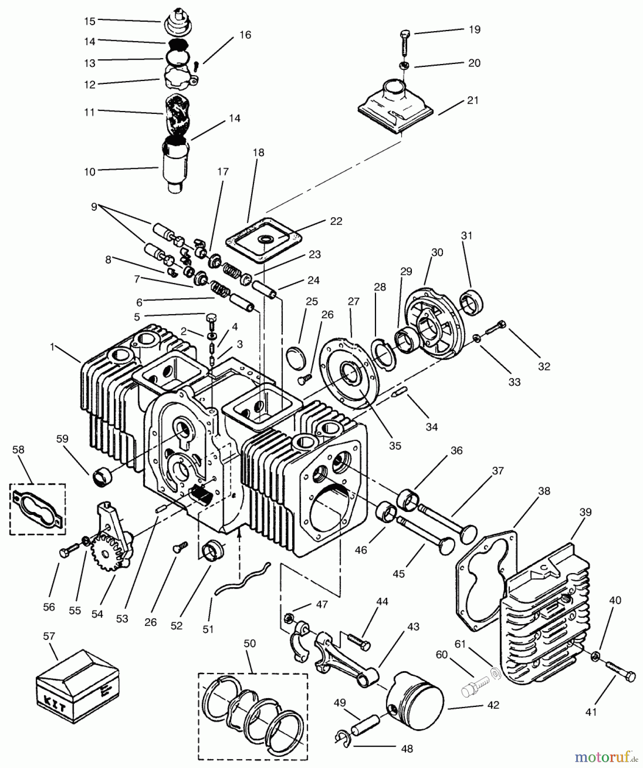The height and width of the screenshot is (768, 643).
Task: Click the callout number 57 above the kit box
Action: tap(49, 636)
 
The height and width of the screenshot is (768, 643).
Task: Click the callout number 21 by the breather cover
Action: tap(472, 100)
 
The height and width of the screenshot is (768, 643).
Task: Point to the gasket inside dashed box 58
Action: tap(38, 509)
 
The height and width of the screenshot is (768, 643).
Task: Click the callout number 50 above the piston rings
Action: tap(249, 643)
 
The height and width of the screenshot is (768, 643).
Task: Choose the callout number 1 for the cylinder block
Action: tap(52, 347)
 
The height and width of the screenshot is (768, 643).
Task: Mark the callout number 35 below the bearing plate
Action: tap(395, 445)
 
